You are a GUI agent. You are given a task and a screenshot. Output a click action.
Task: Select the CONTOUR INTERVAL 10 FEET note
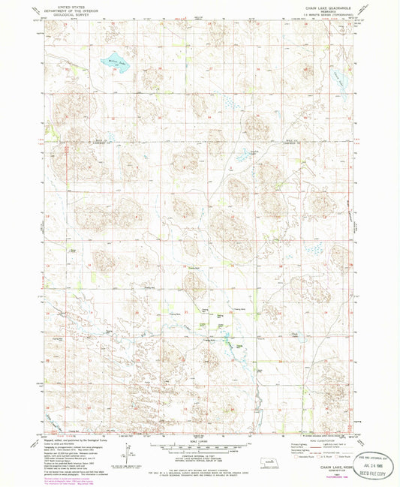[x=200, y=458]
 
